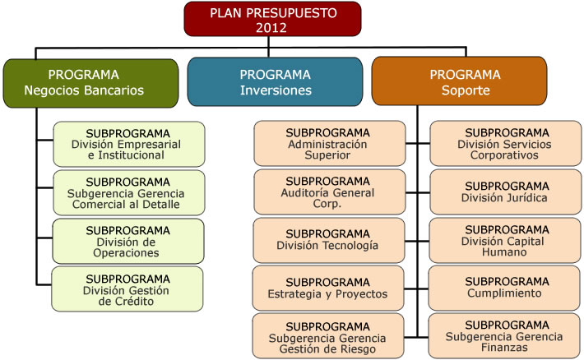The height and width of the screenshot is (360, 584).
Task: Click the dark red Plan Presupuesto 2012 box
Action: click(x=272, y=19)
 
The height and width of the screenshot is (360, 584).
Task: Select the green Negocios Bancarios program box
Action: click(x=90, y=83)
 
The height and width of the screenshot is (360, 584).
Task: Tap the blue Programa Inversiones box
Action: click(x=275, y=82)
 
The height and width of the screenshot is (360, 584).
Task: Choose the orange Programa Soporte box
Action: click(x=459, y=81)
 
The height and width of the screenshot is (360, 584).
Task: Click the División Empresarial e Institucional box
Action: click(x=129, y=144)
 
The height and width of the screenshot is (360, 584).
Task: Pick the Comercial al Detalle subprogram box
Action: click(x=129, y=193)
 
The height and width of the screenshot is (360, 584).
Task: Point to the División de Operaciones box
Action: click(x=128, y=242)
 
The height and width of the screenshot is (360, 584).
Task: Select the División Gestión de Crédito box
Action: click(x=127, y=289)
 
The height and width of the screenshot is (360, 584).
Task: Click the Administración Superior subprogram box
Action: click(x=330, y=143)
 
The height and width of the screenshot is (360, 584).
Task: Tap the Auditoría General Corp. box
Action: click(x=330, y=192)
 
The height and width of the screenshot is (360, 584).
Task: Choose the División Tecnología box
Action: click(x=329, y=241)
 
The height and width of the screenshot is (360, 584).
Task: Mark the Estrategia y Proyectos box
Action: click(x=328, y=288)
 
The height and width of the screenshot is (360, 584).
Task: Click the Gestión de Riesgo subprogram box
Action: click(x=328, y=336)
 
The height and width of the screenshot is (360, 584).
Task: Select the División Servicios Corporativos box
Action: click(x=506, y=143)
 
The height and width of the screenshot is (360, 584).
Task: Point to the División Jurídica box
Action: click(x=506, y=192)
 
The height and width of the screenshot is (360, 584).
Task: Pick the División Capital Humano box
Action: click(x=505, y=241)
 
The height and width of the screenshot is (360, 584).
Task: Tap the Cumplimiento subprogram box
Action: click(x=504, y=288)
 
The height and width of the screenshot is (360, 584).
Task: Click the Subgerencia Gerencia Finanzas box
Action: click(x=504, y=336)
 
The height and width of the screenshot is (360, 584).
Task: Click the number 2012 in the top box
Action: click(x=271, y=28)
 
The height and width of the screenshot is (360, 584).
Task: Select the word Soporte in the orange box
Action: click(x=466, y=90)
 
